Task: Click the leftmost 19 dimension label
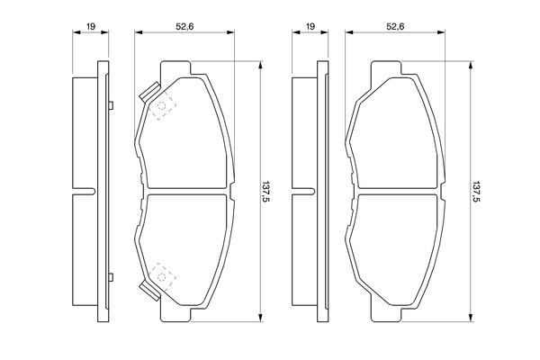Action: pos(91,26)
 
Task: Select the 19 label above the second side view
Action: pos(310,26)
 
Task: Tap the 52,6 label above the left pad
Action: pos(184,26)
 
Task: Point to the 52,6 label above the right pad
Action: pos(395,26)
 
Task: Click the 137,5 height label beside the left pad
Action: pos(265,192)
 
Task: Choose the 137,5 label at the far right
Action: pos(476,192)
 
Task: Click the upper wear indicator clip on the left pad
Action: pos(149,93)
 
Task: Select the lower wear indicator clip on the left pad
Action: pos(149,290)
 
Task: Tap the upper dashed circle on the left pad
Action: pos(161,106)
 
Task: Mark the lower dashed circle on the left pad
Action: pos(161,276)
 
